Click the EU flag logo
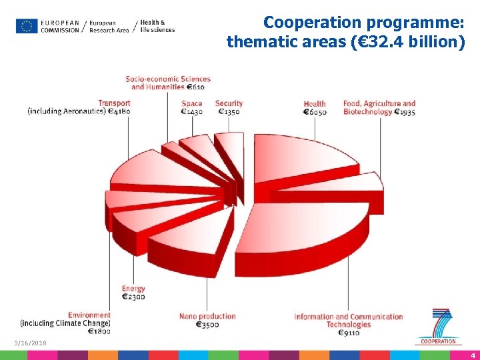coord(27,26)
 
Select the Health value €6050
coord(315,112)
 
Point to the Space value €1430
coord(192,112)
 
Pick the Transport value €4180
coord(119,111)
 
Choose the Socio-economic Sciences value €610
coord(195,87)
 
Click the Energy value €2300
coord(133,297)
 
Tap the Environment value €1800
coord(100,331)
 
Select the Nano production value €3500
coord(207,325)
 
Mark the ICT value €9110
coord(349,333)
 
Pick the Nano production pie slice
coord(193,237)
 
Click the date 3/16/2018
coord(30,343)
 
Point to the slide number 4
coord(472,355)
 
